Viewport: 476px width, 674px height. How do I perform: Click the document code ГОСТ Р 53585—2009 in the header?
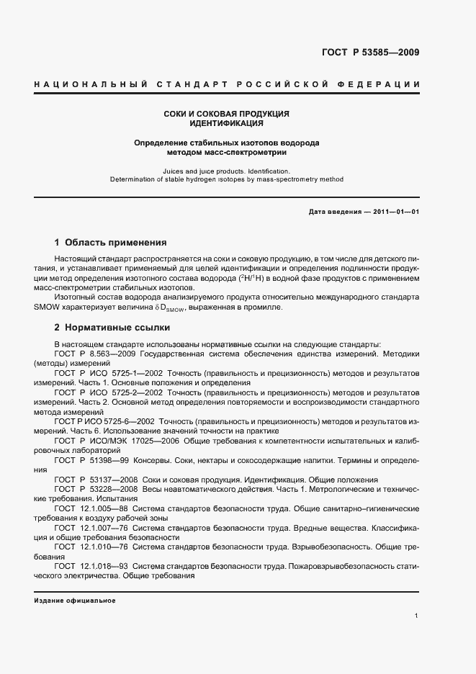point(369,53)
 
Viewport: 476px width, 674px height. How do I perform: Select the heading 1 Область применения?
point(111,243)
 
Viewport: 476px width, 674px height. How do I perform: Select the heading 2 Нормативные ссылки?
point(110,327)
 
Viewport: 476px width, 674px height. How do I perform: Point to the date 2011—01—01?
point(394,211)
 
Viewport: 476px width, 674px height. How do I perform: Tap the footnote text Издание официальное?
point(75,600)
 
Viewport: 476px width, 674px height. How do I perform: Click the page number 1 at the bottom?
point(417,616)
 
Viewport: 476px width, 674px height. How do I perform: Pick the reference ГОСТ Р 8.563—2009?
point(96,354)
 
